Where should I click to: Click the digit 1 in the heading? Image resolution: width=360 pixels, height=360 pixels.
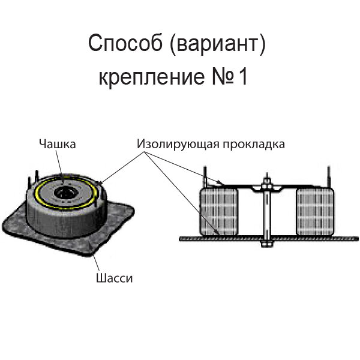click(243, 77)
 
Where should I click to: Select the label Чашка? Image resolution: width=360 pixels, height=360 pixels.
click(58, 143)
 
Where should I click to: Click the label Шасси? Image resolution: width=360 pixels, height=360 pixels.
click(113, 278)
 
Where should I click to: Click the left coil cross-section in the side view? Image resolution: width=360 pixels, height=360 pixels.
click(218, 211)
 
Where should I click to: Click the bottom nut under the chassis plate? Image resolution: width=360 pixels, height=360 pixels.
click(266, 244)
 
